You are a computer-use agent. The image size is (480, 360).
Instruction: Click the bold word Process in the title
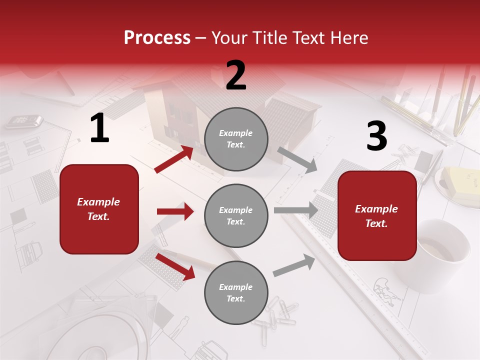pos(157,38)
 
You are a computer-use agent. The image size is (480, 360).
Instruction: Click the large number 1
pos(99,128)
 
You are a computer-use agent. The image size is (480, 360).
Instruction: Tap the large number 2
pos(236,75)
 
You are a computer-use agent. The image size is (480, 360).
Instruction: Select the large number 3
pos(376,136)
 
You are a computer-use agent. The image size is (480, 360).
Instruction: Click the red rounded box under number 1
pos(99,209)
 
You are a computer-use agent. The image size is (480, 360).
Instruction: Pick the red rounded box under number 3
pos(377,215)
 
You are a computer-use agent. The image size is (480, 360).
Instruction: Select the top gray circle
pos(236,139)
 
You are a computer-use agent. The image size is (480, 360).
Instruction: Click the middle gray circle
pos(236,215)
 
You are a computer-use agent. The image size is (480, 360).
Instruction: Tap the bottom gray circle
pos(236,292)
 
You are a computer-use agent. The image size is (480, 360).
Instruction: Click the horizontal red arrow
pos(175,211)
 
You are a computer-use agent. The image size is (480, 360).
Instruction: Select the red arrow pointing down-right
pos(175,266)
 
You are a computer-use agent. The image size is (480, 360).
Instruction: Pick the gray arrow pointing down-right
pos(297,159)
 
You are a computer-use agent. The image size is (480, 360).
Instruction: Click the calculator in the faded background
pos(24,120)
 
